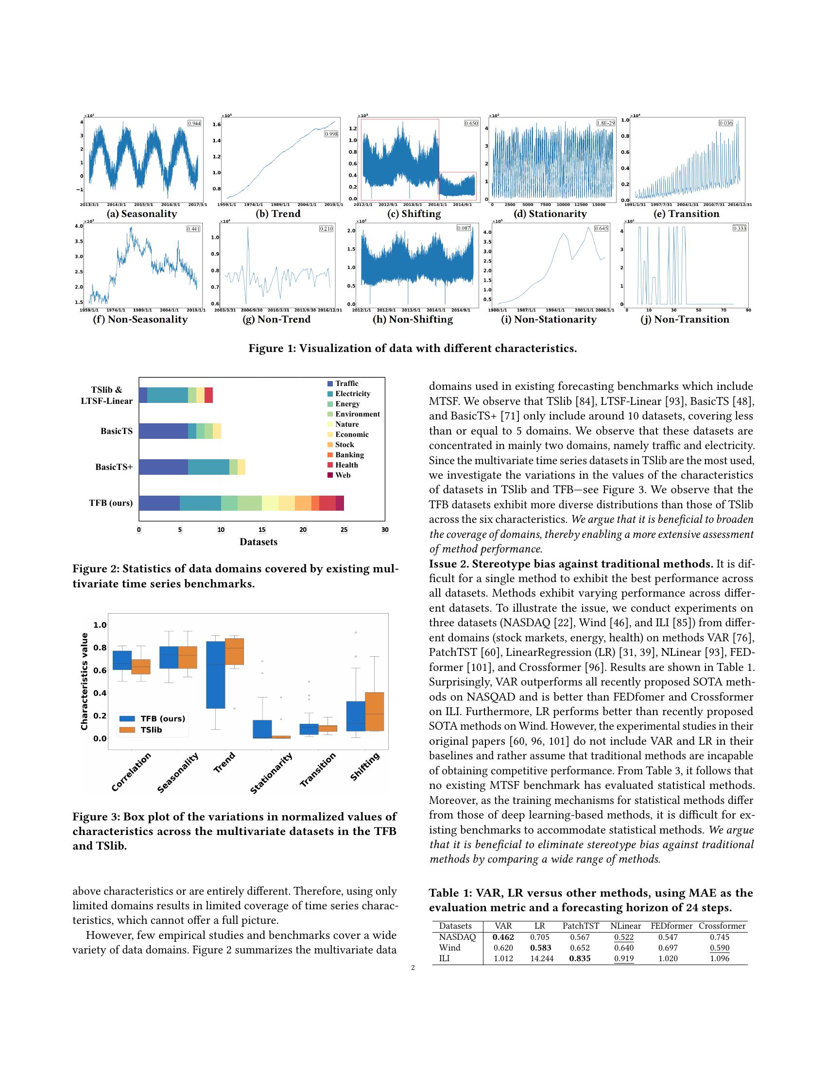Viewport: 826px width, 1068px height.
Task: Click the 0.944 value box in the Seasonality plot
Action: (194, 123)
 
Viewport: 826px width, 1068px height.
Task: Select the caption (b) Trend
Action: (278, 214)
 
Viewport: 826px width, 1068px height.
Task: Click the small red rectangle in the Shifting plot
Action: (457, 185)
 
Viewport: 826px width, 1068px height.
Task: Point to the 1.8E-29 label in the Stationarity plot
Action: (605, 123)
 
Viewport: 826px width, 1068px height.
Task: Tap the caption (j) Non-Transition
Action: (691, 319)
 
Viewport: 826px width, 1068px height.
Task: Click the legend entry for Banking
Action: (349, 455)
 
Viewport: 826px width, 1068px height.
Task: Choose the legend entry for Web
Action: (343, 475)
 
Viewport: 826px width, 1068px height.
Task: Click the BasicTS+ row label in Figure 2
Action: (114, 467)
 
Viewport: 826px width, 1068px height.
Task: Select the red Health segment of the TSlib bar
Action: (208, 395)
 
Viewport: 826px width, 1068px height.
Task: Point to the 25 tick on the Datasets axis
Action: (344, 530)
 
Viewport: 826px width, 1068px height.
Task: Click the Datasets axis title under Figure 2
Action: (258, 542)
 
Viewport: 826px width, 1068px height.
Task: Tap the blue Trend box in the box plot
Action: (215, 675)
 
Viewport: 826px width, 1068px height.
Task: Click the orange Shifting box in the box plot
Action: (374, 712)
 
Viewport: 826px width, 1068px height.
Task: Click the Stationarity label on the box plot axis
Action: (272, 773)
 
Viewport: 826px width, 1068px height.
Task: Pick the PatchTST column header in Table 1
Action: (580, 926)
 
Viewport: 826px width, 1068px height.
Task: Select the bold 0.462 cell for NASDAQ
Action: (503, 937)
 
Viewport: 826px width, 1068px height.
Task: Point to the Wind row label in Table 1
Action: (449, 948)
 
